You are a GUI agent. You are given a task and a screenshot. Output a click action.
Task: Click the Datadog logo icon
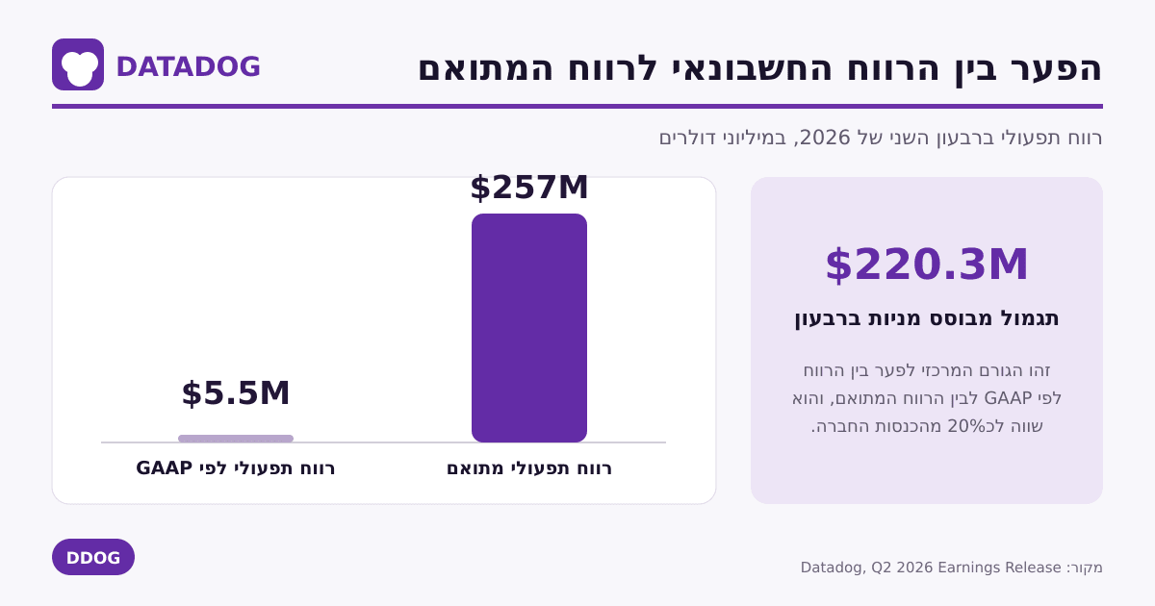(78, 64)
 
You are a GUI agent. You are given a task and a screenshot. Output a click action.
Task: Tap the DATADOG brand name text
(189, 67)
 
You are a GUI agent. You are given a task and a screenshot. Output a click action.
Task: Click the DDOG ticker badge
(93, 557)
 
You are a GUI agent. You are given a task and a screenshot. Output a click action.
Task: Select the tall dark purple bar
(529, 328)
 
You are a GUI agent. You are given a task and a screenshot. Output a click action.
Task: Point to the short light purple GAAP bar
(236, 439)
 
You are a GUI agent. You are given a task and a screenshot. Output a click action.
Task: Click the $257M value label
(529, 187)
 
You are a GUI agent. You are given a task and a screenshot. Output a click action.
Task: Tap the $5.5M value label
(236, 393)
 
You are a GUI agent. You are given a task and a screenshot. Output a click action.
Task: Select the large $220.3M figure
(927, 265)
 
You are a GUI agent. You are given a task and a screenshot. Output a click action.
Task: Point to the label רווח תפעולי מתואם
(529, 468)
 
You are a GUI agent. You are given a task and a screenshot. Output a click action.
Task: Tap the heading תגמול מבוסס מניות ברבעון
(927, 318)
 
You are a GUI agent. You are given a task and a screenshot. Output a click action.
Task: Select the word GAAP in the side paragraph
(1008, 398)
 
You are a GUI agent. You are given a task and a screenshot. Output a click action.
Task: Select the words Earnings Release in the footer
(999, 568)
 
